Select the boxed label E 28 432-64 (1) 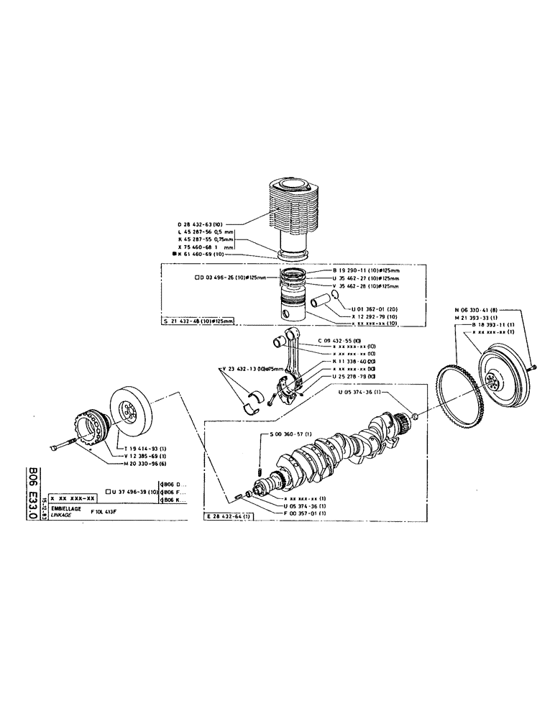coord(229,516)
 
